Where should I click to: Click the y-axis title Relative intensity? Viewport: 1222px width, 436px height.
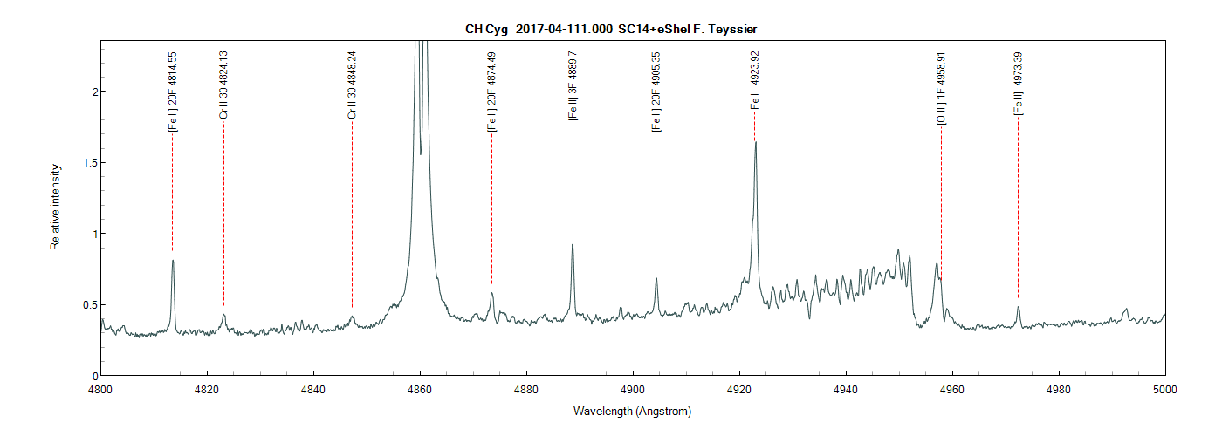pos(55,207)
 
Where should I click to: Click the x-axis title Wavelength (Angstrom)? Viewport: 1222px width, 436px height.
pos(632,411)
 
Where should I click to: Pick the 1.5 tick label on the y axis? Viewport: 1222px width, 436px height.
pos(86,162)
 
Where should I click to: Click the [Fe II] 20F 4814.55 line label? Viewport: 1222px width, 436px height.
pos(173,92)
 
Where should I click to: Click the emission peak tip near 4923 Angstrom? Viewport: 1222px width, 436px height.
pos(755,142)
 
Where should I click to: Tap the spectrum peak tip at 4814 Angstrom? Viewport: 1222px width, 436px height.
pos(173,260)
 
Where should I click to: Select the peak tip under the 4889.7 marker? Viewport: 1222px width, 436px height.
pos(572,244)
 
